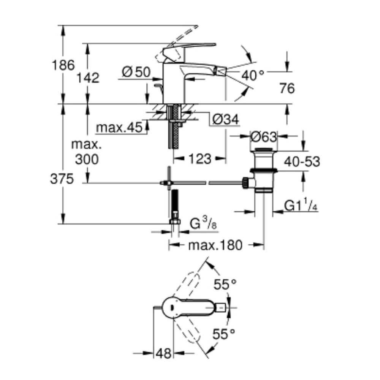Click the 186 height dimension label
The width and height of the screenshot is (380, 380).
point(63,65)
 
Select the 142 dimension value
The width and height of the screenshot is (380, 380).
point(88,78)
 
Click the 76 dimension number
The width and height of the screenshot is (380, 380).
point(287,89)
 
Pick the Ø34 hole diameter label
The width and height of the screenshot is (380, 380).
point(225,120)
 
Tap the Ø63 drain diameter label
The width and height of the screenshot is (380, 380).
point(263,136)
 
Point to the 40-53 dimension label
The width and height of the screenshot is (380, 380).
point(302,161)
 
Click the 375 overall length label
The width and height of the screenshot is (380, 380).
point(62,179)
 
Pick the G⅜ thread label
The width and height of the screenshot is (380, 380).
point(203,224)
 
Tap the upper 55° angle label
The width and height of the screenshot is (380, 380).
point(224,283)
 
